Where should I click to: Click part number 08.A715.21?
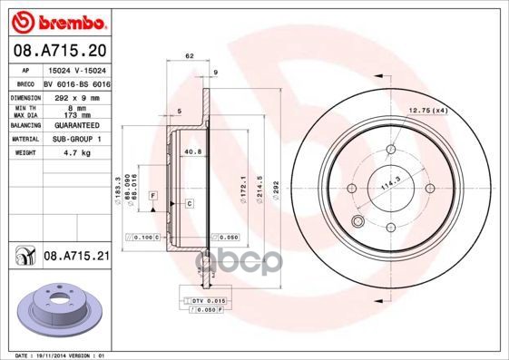click(x=76, y=258)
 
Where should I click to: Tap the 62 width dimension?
click(x=189, y=56)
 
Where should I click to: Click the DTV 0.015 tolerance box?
click(x=208, y=299)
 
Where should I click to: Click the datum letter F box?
click(x=154, y=196)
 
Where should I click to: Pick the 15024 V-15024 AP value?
click(x=77, y=70)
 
